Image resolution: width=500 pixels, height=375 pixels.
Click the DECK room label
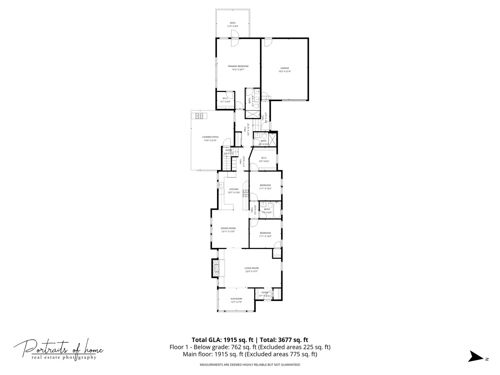click(233, 23)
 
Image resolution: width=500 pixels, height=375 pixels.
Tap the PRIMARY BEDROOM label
click(238, 66)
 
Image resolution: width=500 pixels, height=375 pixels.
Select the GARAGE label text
click(285, 68)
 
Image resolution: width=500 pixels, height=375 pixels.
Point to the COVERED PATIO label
click(210, 137)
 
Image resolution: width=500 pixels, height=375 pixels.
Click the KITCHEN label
click(234, 189)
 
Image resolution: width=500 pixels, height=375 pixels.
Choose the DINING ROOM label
click(228, 228)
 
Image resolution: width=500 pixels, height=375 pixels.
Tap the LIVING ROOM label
click(251, 268)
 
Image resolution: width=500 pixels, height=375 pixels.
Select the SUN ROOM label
click(236, 299)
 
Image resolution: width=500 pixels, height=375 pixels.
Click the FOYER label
click(265, 293)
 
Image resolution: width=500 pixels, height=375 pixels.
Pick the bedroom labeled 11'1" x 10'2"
click(265, 185)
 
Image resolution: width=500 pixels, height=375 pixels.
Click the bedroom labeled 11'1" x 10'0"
click(265, 233)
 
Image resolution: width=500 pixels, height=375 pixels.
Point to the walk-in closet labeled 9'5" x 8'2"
click(264, 158)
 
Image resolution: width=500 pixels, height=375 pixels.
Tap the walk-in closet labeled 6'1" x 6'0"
click(225, 98)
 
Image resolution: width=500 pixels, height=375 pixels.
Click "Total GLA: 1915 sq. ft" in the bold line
click(223, 340)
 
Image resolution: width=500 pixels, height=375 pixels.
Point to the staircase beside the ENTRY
click(226, 164)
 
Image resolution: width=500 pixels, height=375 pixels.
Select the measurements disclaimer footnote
click(250, 365)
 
